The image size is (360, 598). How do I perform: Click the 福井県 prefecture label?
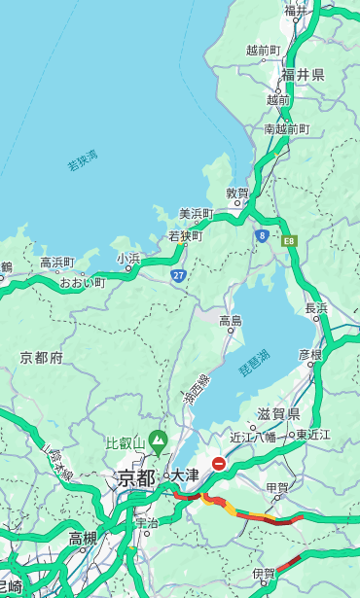(303, 74)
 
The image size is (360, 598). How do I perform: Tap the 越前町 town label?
(263, 51)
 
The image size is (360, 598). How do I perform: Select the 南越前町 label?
(286, 128)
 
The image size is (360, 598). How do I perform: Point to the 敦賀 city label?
(237, 193)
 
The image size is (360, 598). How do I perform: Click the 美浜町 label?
(197, 214)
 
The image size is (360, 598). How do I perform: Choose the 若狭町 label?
(185, 235)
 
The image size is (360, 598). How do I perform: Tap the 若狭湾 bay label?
(83, 160)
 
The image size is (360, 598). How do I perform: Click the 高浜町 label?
(56, 263)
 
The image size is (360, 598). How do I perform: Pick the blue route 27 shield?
(178, 275)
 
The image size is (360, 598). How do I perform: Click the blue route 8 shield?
(262, 235)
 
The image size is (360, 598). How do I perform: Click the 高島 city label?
(231, 321)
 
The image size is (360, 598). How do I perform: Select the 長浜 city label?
(316, 308)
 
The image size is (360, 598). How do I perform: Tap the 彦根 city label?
(309, 355)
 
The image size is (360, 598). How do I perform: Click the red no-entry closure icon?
(219, 464)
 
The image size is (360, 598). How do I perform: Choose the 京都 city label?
(136, 477)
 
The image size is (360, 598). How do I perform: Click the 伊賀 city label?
(264, 574)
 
